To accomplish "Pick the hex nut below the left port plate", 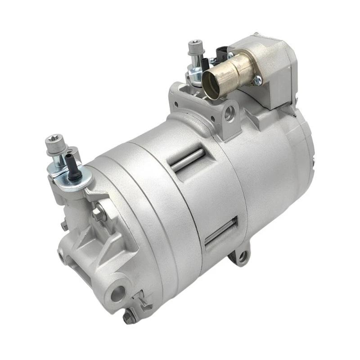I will click(x=98, y=211).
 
